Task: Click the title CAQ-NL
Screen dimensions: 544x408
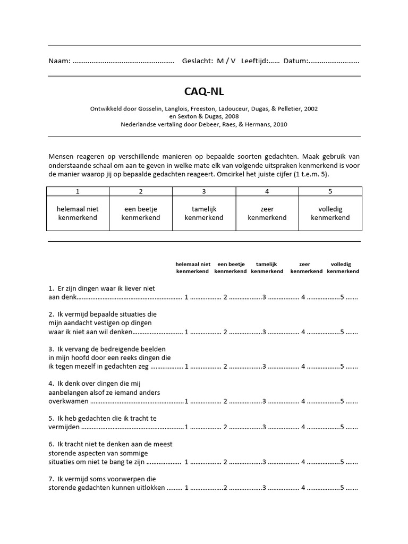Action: point(204,91)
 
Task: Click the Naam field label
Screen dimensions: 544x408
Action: point(59,61)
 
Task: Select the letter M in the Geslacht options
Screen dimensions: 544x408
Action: point(220,61)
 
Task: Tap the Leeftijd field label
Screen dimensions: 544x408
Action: point(254,61)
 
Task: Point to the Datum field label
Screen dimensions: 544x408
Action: point(295,61)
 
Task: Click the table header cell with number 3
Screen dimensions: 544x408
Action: point(204,191)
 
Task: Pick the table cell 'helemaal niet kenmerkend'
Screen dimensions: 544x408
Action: point(78,214)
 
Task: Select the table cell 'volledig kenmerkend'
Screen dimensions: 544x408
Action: point(330,214)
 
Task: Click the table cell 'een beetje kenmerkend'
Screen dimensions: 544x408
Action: point(141,214)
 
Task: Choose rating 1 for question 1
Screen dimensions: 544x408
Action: point(186,297)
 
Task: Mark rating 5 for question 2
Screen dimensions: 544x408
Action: point(342,332)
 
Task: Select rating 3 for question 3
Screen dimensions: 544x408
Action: point(264,367)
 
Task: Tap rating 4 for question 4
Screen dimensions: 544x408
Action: point(303,401)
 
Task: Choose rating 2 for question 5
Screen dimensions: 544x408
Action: point(225,427)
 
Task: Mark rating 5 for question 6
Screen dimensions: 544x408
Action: point(342,462)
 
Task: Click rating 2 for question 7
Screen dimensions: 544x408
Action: point(225,488)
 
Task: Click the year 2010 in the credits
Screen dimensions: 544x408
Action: point(279,124)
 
